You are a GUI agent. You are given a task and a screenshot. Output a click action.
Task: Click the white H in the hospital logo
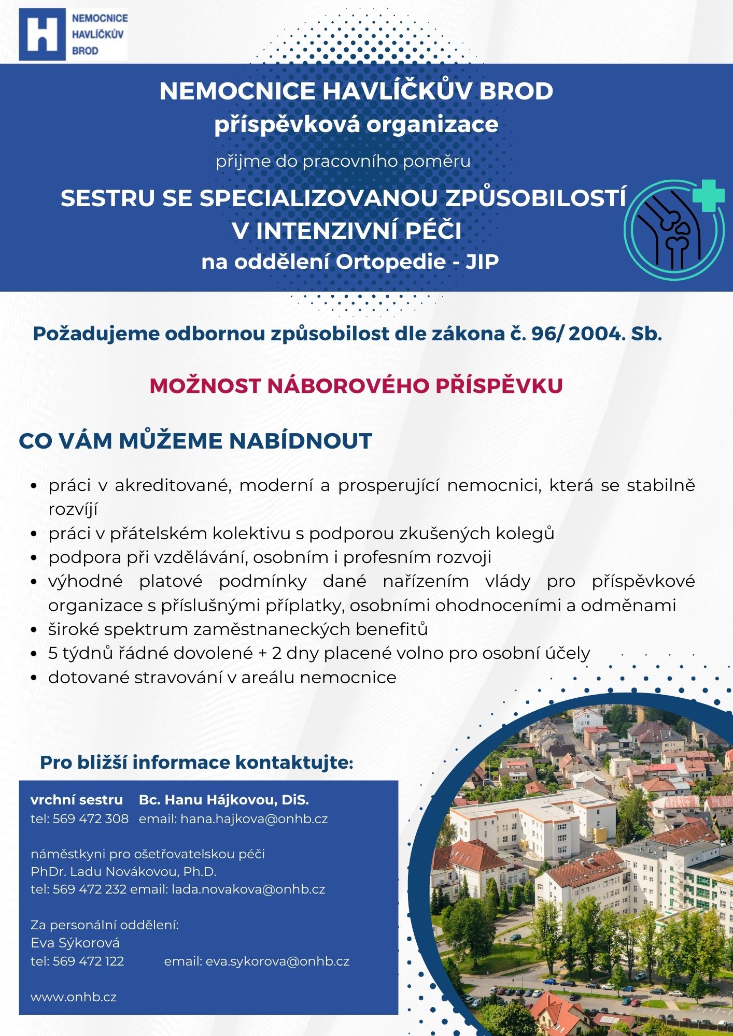tap(42, 34)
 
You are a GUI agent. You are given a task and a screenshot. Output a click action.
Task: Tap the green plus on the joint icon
tap(709, 195)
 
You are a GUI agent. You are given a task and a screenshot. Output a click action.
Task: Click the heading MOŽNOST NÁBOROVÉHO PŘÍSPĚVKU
tap(356, 386)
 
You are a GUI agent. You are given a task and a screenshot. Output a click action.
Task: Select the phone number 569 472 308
tap(91, 818)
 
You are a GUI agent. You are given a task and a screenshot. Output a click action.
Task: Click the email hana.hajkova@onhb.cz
tap(254, 818)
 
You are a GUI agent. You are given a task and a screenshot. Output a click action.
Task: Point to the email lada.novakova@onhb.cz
tap(248, 889)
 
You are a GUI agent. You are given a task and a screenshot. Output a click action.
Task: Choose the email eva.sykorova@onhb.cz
tap(277, 961)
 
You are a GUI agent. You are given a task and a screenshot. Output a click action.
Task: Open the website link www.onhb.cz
tap(74, 997)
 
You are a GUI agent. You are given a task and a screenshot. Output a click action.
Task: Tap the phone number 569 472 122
tap(89, 961)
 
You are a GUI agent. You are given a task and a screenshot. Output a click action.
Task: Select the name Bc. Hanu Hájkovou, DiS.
tap(224, 800)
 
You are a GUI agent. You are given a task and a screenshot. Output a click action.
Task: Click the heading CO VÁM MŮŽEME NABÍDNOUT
tap(195, 441)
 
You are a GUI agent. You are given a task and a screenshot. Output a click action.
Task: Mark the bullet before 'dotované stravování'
tap(34, 678)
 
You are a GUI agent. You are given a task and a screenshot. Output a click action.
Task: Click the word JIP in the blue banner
tap(482, 262)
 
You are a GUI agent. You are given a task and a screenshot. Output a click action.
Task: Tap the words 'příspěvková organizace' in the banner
tap(356, 124)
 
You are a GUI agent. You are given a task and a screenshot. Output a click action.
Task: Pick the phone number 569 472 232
tap(90, 889)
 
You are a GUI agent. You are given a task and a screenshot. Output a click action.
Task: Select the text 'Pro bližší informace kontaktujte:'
tap(196, 762)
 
